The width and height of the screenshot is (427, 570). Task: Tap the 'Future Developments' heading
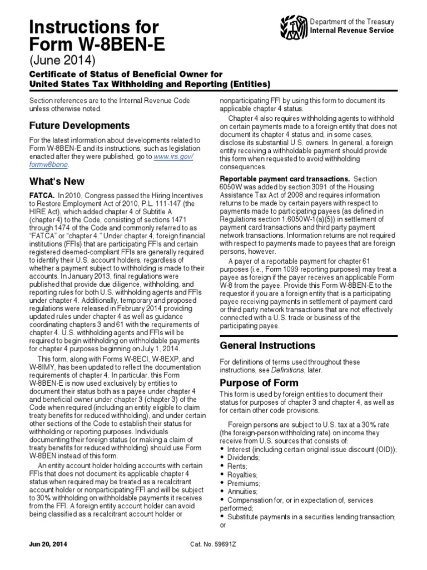pyautogui.click(x=80, y=125)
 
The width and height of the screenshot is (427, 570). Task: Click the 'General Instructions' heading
pyautogui.click(x=268, y=345)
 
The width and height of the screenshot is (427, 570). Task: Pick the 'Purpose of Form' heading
pyautogui.click(x=259, y=383)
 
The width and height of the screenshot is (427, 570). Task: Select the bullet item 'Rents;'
pyautogui.click(x=237, y=466)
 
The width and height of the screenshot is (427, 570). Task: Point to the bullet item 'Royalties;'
pyautogui.click(x=243, y=475)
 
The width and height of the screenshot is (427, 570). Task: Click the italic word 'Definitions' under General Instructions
pyautogui.click(x=289, y=370)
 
